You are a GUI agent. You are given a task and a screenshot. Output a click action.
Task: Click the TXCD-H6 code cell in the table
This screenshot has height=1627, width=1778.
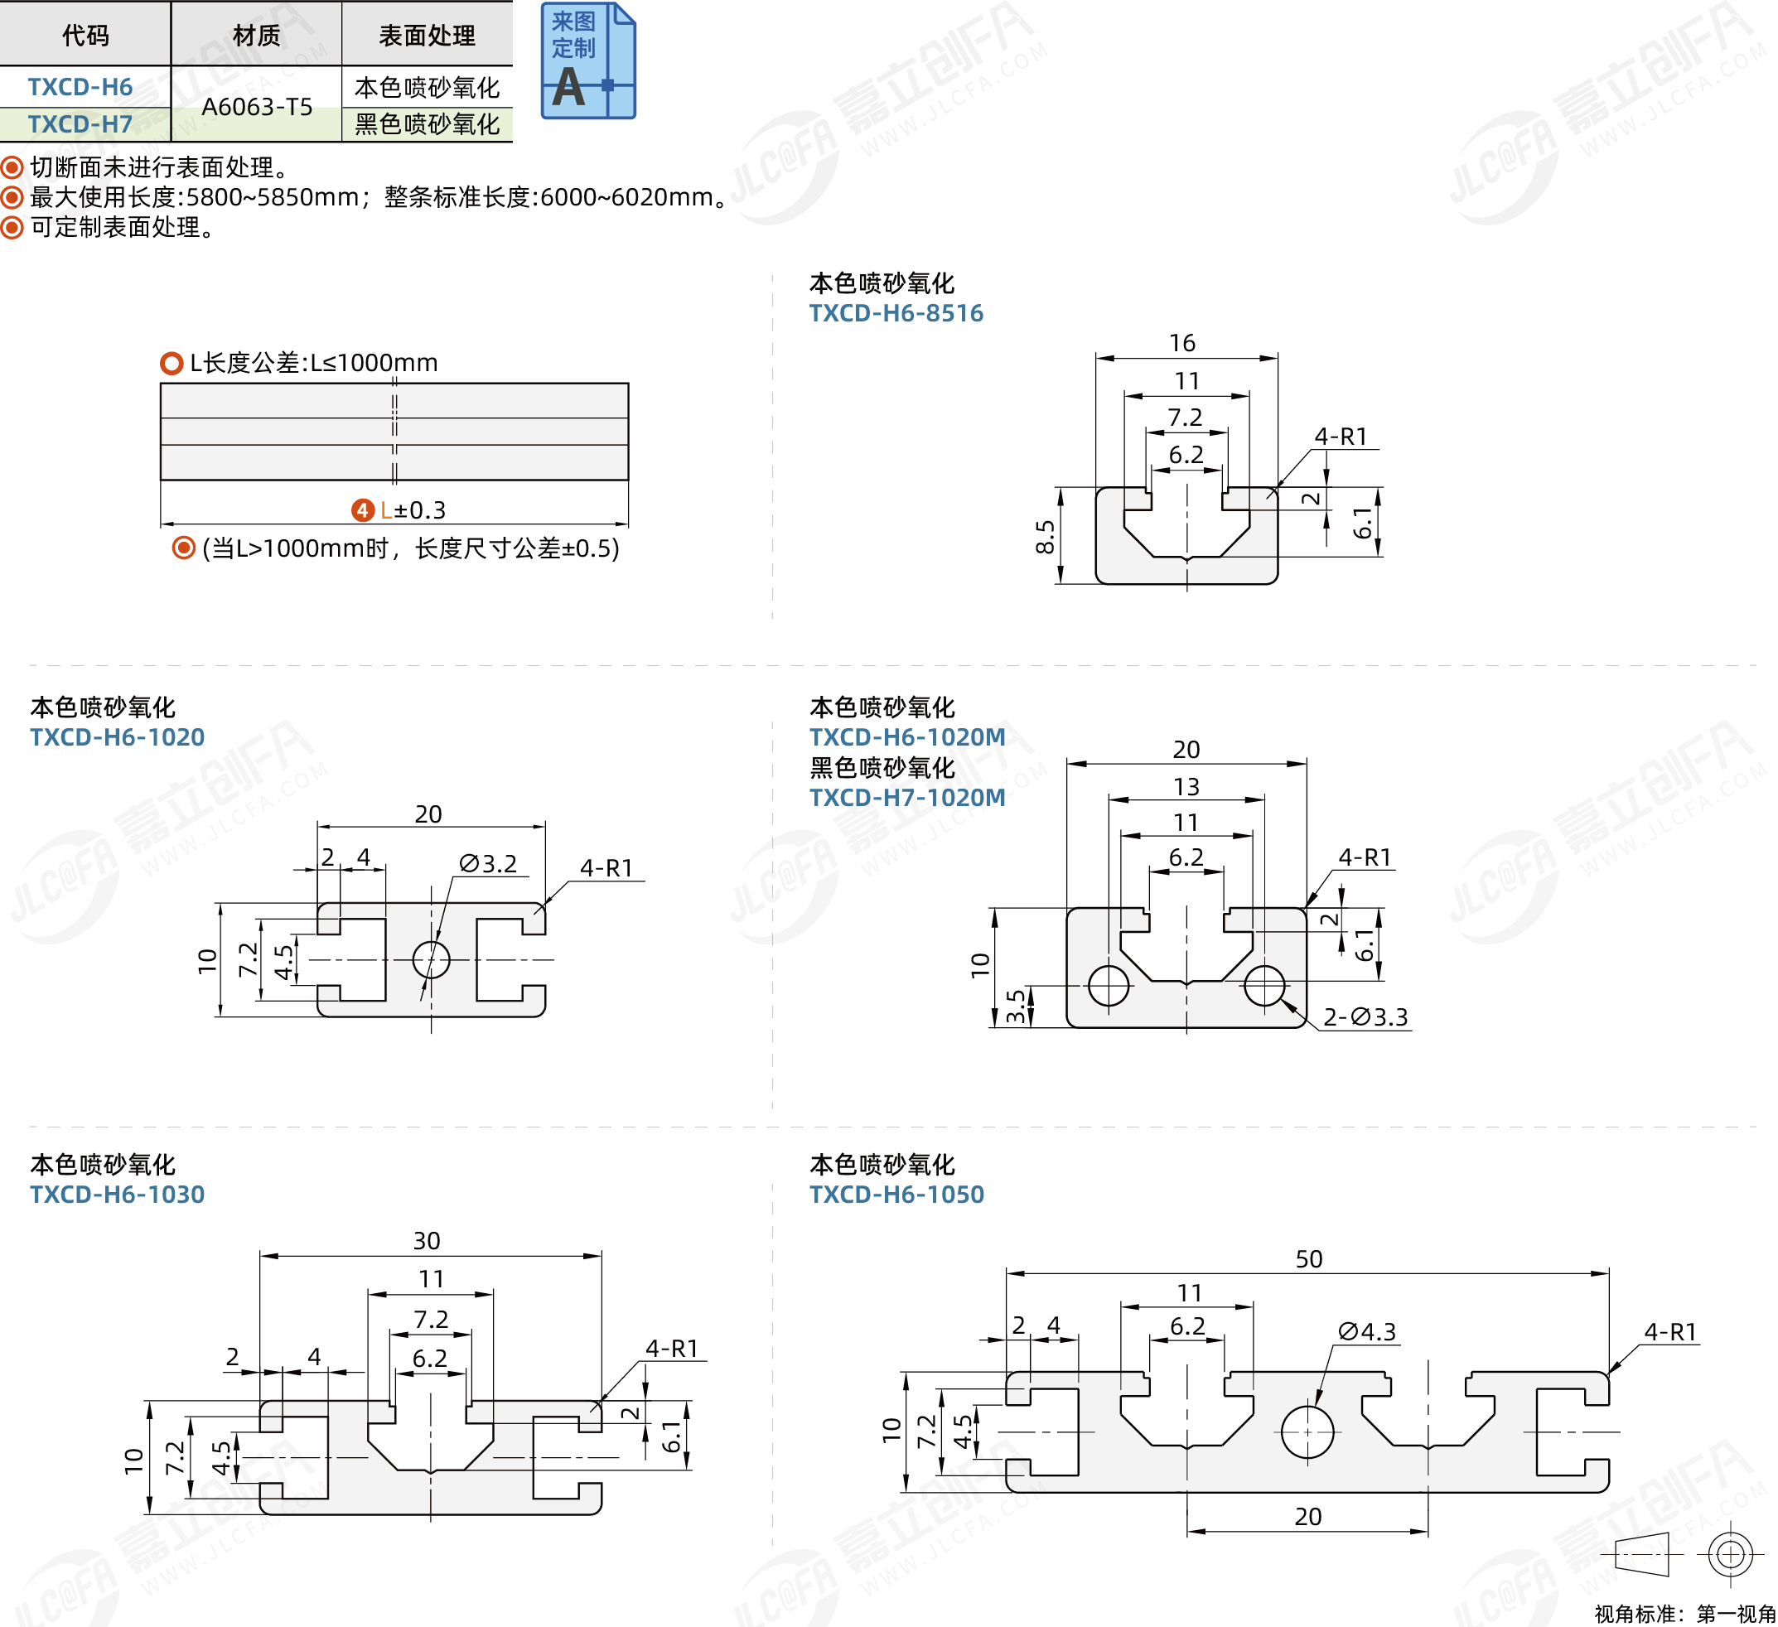click(80, 86)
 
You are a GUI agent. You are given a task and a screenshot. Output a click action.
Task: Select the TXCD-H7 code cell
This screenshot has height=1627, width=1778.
click(80, 124)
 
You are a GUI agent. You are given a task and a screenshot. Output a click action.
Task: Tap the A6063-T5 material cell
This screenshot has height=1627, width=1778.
click(257, 107)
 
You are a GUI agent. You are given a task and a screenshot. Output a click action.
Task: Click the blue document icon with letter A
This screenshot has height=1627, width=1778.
click(587, 62)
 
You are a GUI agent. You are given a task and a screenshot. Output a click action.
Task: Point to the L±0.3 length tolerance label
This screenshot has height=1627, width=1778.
click(412, 509)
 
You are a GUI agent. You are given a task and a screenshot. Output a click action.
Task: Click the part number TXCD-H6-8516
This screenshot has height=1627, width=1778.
click(896, 313)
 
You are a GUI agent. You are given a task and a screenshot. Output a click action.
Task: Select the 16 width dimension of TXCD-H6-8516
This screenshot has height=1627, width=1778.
click(1181, 343)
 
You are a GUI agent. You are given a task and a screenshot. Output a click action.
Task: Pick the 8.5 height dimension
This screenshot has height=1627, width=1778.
click(1045, 536)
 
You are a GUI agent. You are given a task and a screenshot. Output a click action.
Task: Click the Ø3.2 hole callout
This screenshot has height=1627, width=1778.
click(489, 863)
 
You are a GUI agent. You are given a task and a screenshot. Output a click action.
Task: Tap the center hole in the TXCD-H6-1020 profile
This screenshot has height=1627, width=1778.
click(430, 958)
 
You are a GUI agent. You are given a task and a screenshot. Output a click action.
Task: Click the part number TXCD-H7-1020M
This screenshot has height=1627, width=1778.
click(906, 797)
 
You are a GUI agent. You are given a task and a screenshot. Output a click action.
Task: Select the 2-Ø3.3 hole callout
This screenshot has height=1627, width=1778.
click(1365, 1016)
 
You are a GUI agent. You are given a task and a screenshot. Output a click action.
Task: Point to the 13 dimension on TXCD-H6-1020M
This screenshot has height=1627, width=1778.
click(1186, 785)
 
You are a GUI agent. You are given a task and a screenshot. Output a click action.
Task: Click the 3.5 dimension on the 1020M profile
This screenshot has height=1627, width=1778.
click(1016, 1007)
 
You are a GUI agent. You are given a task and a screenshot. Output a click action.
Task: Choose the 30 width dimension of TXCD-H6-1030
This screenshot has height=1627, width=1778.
click(427, 1241)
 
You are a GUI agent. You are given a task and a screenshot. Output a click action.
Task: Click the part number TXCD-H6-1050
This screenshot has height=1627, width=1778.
click(896, 1194)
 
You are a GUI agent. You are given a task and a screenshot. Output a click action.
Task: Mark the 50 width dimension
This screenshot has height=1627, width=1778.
click(1309, 1258)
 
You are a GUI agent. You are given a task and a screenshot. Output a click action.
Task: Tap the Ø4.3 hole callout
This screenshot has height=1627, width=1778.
click(1367, 1331)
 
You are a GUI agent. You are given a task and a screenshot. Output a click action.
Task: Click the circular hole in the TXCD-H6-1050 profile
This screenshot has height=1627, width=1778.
click(1307, 1431)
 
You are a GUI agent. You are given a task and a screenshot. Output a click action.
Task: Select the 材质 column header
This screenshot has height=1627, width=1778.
click(257, 36)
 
